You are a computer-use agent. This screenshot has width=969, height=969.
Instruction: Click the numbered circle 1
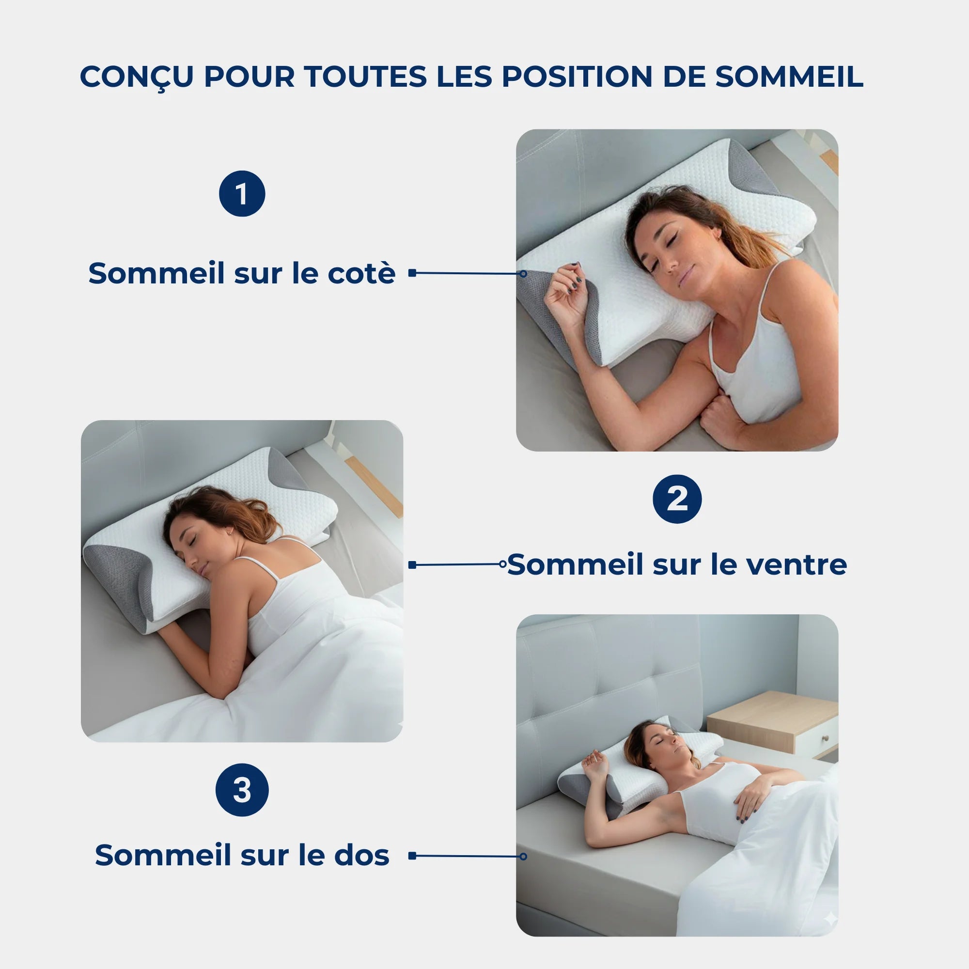pos(242,194)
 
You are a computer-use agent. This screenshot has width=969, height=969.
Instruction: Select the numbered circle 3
pos(242,790)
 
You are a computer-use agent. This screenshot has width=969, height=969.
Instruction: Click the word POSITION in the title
pos(577,76)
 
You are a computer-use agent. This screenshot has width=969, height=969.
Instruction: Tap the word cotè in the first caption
pos(361,273)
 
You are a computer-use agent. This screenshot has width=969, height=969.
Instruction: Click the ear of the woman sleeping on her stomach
pos(231,531)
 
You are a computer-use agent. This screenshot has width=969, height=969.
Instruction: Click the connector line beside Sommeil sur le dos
pos(467,856)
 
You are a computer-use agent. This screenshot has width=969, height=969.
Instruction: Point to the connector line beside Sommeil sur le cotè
pos(467,273)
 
